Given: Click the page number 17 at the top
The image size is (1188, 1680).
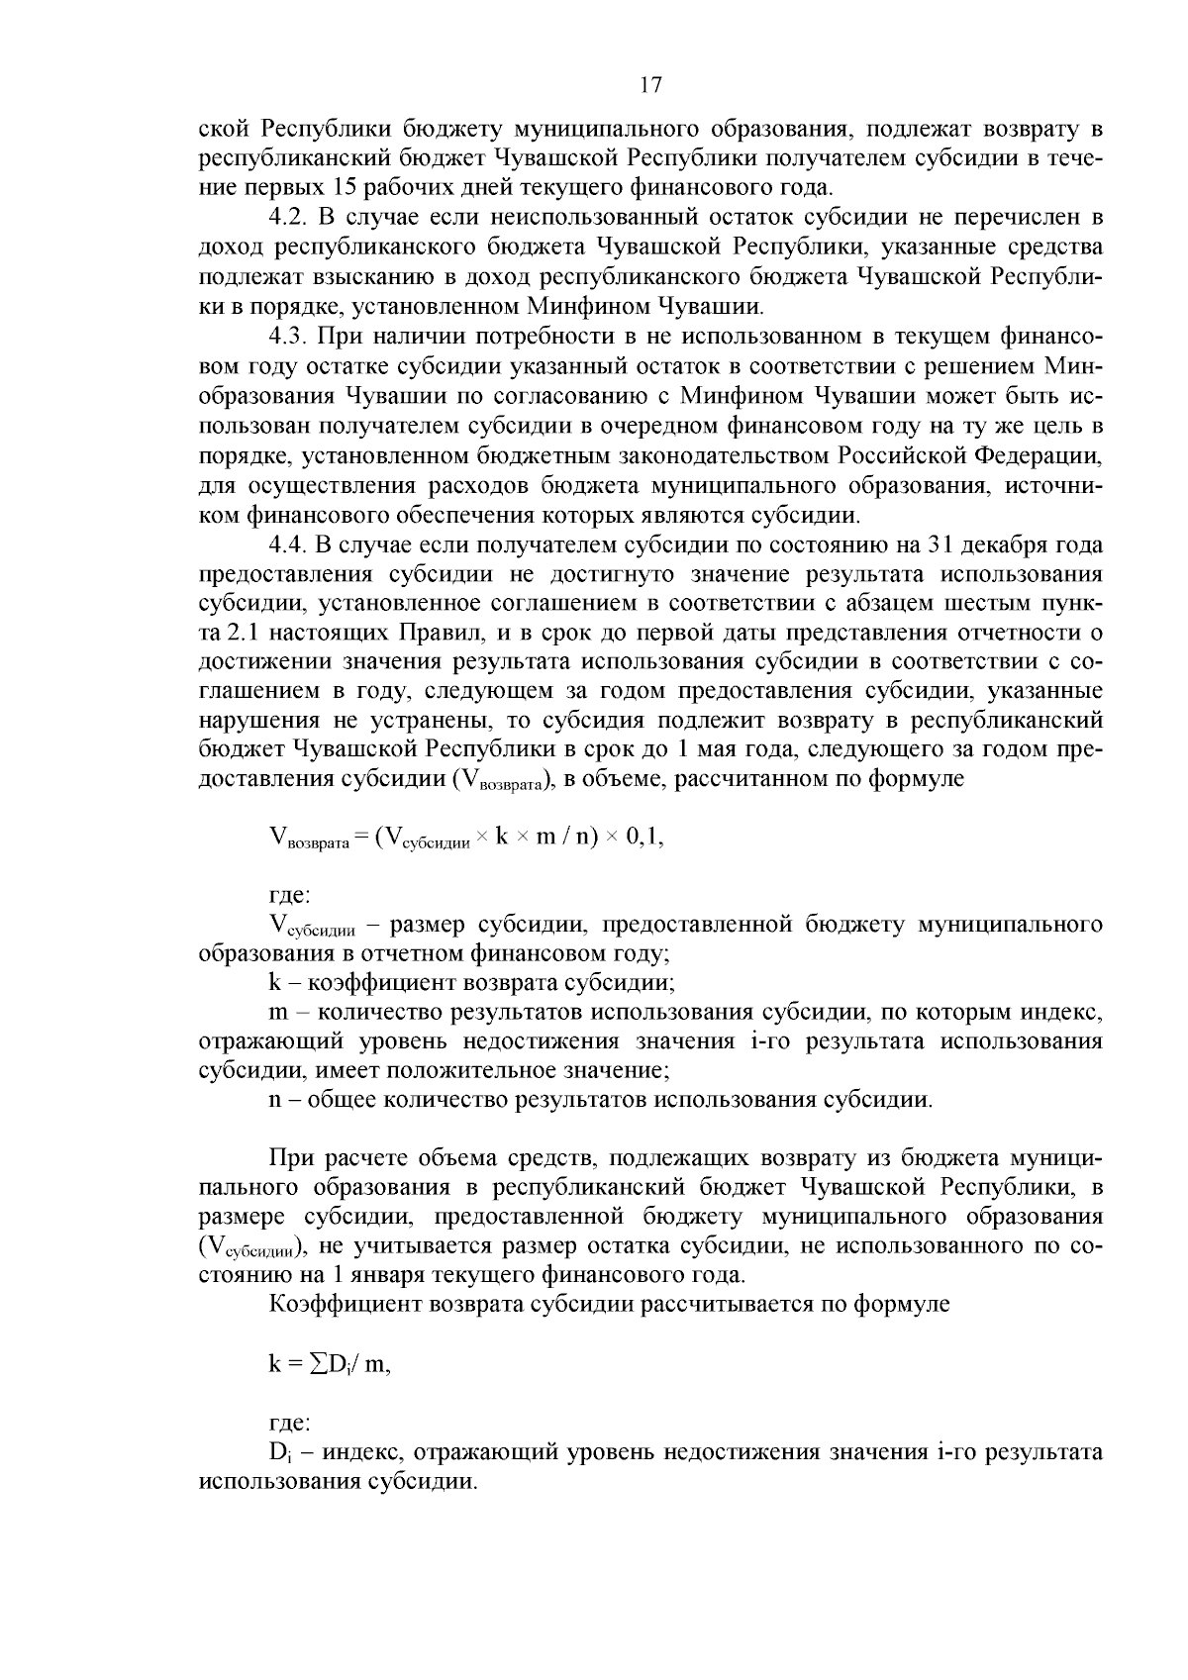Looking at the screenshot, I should [650, 85].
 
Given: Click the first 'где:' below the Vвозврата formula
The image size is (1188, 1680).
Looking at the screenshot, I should [289, 895].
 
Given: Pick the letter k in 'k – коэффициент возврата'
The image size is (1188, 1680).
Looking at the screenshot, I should [275, 984].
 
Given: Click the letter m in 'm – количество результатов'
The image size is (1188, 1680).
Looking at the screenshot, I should [277, 1013].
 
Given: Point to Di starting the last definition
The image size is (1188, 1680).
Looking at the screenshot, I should [278, 1453].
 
